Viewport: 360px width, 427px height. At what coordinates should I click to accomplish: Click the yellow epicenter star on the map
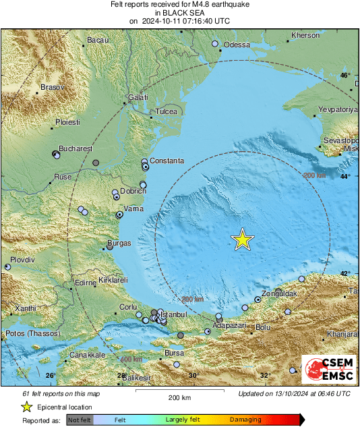click(242, 239)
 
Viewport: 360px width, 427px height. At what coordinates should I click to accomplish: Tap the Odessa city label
click(237, 45)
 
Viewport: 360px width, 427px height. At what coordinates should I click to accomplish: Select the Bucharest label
click(75, 148)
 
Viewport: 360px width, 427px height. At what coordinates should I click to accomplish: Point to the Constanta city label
click(166, 161)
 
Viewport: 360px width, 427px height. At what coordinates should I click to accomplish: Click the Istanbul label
click(180, 315)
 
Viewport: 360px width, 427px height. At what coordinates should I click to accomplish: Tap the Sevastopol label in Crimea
click(340, 138)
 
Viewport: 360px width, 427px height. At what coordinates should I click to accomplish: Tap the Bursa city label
click(174, 353)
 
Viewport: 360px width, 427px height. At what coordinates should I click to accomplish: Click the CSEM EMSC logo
click(328, 370)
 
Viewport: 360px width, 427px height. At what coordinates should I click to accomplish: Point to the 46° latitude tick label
click(345, 76)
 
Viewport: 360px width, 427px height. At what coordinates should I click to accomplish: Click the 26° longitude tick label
click(50, 376)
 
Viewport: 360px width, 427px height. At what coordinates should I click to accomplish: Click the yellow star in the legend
click(27, 407)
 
